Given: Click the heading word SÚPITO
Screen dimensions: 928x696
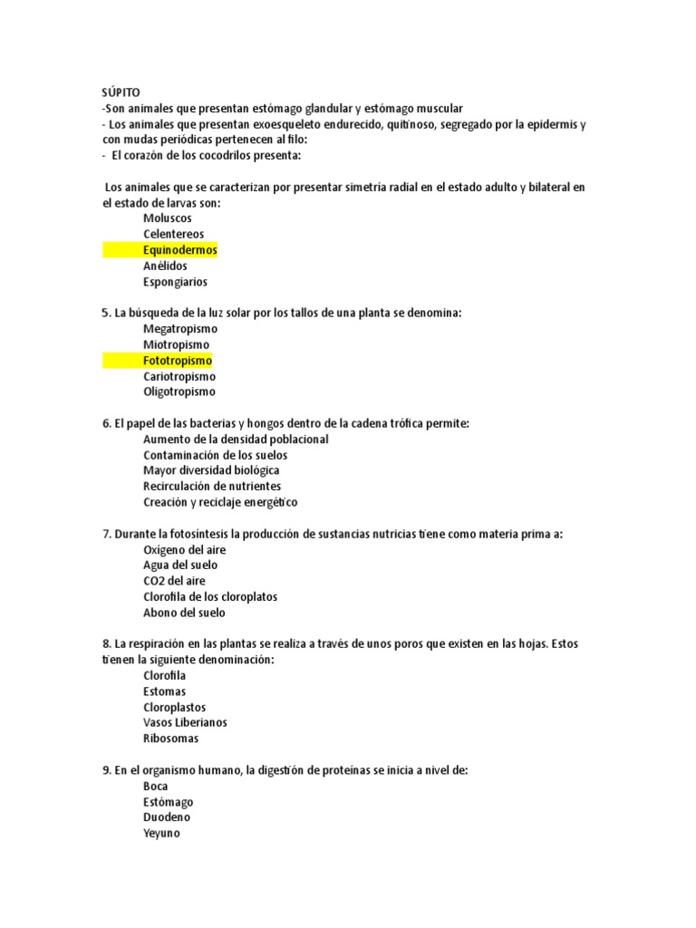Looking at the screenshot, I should point(121,92).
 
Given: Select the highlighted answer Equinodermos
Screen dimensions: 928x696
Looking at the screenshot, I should point(179,250).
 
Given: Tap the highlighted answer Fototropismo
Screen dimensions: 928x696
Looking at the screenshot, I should point(177,361).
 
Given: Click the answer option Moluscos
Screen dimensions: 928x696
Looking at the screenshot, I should point(167,218).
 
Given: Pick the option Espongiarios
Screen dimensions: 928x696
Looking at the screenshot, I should point(175,282).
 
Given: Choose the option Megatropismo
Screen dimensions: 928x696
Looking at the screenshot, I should point(179,329).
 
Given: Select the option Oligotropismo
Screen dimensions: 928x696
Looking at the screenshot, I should point(179,392).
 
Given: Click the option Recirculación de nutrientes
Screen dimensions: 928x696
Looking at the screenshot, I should point(212,487).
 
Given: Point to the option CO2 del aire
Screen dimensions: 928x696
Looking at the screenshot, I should point(174,581).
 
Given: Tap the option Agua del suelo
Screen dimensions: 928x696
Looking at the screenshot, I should point(180,565).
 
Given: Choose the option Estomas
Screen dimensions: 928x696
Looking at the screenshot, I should point(164,691).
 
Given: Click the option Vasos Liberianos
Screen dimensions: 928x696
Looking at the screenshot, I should point(185,723).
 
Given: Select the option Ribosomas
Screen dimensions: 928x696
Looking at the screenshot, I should point(170,739).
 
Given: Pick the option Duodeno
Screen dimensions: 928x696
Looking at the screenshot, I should point(167,817).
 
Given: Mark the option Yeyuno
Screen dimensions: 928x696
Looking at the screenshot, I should point(161,834).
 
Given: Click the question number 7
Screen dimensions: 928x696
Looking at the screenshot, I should point(105,534).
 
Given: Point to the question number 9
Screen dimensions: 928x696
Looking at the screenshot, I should point(105,770).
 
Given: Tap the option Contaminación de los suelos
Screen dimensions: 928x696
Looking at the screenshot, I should point(215,455).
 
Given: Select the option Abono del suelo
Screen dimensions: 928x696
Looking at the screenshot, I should point(184,613).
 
